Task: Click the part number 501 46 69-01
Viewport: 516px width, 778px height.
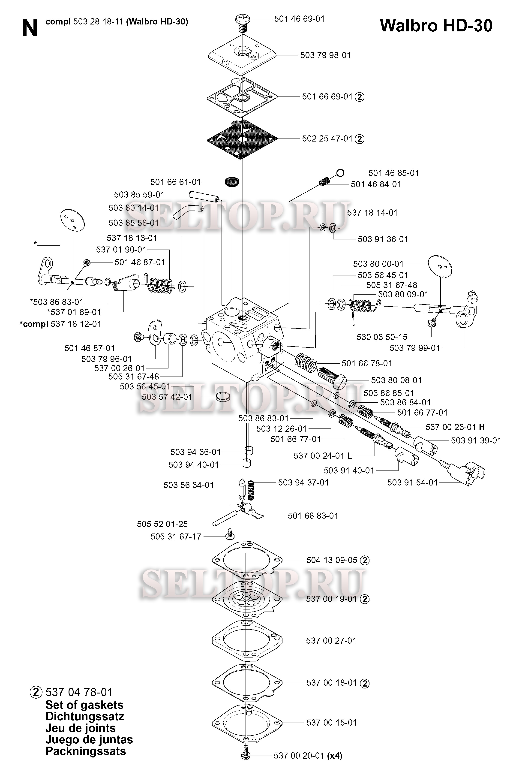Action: click(x=299, y=19)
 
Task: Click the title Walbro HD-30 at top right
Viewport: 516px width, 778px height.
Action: click(x=436, y=26)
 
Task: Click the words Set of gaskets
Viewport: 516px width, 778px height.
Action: click(x=84, y=705)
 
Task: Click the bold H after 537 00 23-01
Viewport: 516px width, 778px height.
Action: click(x=482, y=427)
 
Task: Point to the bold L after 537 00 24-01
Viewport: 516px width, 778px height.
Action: click(x=349, y=456)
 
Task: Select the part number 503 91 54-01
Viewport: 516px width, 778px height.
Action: click(x=412, y=483)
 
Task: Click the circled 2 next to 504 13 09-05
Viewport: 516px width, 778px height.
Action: click(x=365, y=560)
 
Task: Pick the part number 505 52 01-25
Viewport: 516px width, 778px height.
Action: click(x=162, y=524)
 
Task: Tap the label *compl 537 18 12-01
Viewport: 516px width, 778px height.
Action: click(x=60, y=324)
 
